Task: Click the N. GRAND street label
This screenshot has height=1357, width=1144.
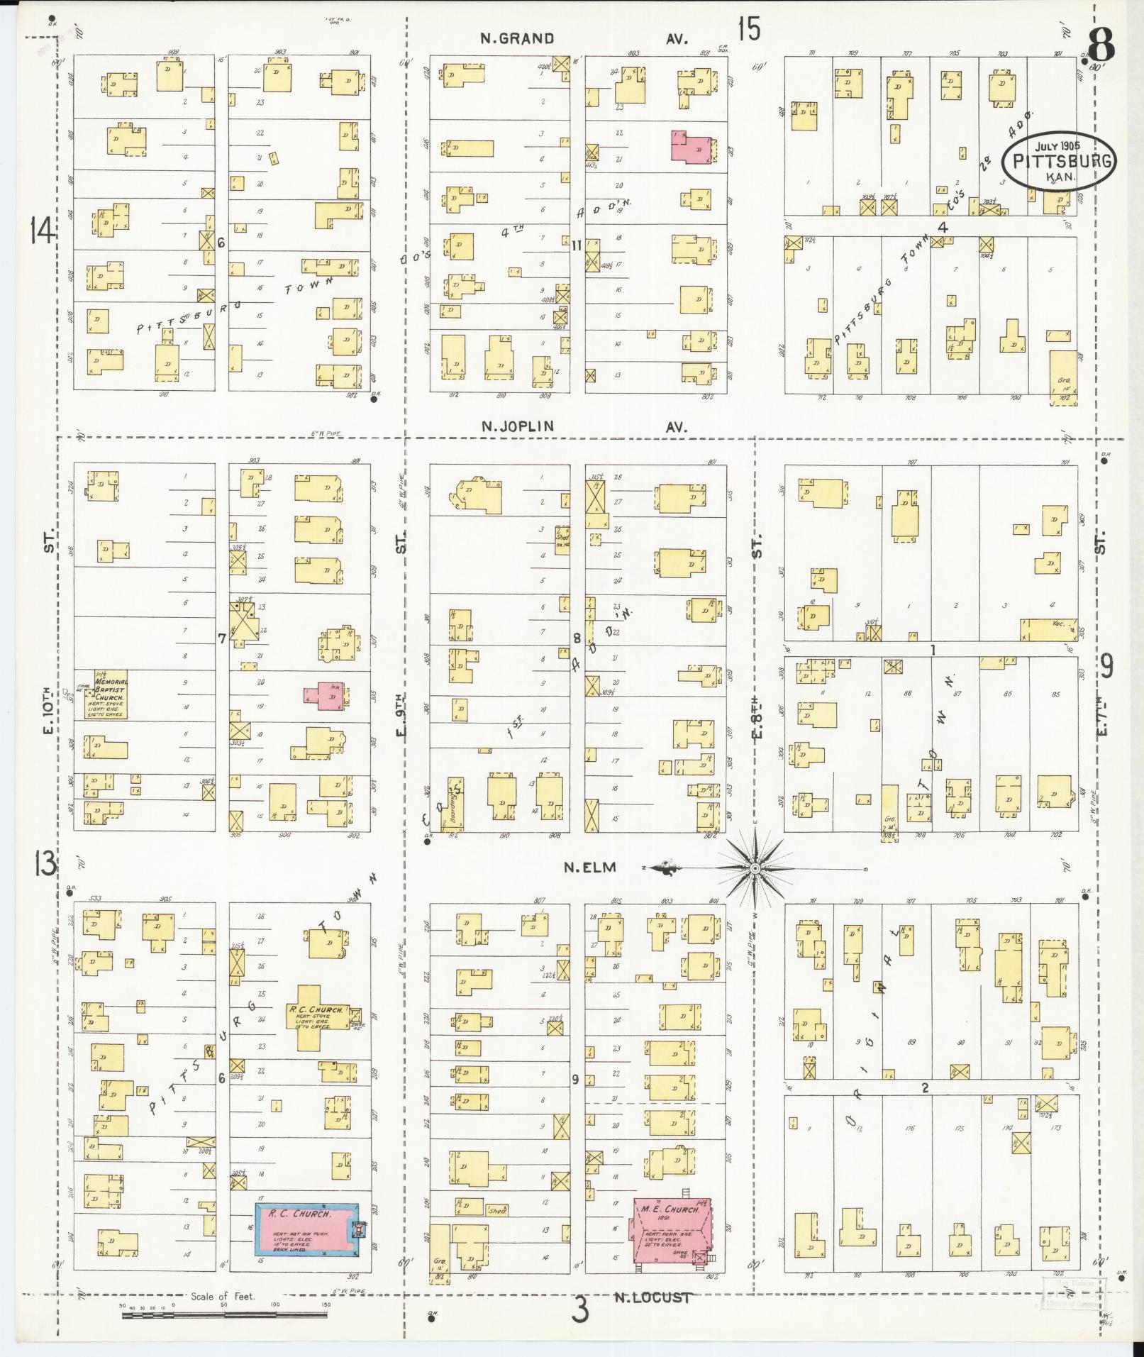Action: point(517,38)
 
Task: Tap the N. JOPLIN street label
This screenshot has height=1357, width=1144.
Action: point(517,426)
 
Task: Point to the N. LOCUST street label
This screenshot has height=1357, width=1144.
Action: point(652,1297)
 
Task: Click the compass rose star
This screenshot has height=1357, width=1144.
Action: point(756,868)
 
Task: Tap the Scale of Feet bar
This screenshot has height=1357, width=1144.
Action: point(226,1314)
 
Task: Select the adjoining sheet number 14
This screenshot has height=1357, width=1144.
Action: point(42,231)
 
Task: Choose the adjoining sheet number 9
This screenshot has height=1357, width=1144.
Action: point(1106,665)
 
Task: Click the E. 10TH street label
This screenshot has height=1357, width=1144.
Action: point(48,709)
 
